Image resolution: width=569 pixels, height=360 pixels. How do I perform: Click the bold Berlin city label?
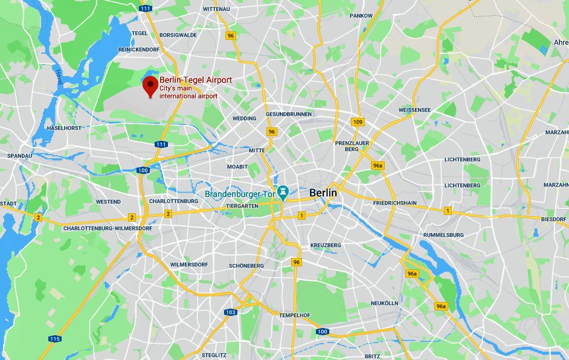pos(323,193)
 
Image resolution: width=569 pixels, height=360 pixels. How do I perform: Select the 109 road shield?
pos(358,122)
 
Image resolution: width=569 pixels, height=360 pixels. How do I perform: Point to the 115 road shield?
pos(55,339)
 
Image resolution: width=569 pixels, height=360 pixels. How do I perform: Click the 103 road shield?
pos(230,312)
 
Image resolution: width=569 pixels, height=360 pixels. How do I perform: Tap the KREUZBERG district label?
pos(326,245)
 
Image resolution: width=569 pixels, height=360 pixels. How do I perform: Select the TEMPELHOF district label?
pos(294,315)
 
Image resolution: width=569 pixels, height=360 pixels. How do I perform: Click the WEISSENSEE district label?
pos(415,110)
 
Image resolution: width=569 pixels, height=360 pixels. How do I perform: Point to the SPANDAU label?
pos(19,156)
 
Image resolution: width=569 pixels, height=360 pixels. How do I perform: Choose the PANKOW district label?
pos(361,15)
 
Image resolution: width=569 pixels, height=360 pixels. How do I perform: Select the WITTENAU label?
pos(217,10)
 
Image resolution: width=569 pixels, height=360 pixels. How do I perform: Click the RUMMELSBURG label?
pos(443,234)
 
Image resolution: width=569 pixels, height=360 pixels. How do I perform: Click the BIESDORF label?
pos(554,219)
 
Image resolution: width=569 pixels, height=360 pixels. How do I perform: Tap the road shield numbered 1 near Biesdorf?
pos(448,210)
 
